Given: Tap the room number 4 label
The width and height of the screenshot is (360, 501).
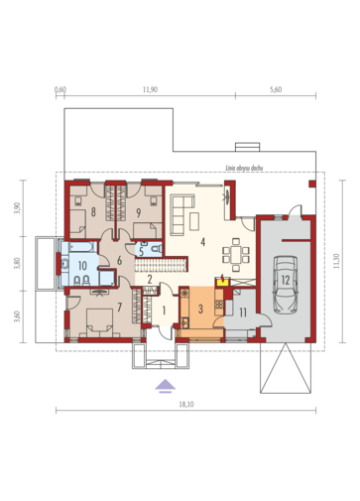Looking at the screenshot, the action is (202, 242).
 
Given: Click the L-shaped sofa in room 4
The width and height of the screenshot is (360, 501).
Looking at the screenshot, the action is (181, 214).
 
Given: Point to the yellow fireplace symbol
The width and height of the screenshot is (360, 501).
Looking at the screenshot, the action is (222, 281).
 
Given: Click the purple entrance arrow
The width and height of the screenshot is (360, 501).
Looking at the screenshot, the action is (166, 386).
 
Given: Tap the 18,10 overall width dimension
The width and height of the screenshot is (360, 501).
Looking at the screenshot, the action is (186, 405).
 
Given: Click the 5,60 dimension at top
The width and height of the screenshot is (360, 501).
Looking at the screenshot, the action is (276, 89).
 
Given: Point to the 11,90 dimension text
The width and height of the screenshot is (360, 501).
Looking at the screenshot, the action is (151, 89).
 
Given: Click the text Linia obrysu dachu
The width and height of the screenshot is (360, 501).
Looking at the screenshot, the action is (244, 168).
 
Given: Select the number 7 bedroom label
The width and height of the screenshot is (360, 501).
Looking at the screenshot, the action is (119, 308).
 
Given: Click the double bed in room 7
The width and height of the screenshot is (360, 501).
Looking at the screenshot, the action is (99, 322).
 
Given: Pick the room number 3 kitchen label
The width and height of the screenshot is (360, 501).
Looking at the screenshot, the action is (200, 310).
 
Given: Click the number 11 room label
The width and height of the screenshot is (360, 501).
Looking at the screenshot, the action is (243, 313).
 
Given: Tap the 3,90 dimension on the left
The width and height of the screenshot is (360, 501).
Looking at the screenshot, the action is (17, 208).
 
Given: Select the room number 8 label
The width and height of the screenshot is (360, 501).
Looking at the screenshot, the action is (93, 212).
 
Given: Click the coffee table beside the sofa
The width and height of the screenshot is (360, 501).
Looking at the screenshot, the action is (194, 221).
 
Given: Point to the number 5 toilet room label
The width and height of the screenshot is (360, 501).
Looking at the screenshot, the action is (141, 252).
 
